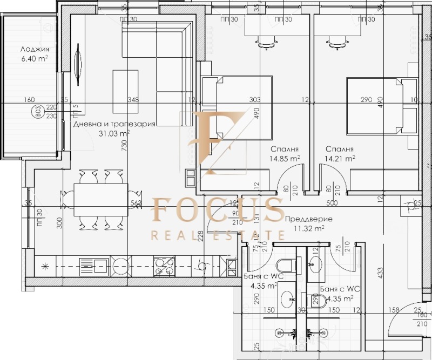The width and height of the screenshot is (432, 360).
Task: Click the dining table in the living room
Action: pyautogui.click(x=101, y=200)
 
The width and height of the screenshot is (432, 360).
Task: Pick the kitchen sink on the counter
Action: pyautogui.click(x=94, y=265)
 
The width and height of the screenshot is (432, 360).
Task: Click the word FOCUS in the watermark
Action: pyautogui.click(x=217, y=210)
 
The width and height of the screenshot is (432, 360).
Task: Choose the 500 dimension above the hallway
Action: pyautogui.click(x=332, y=203)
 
